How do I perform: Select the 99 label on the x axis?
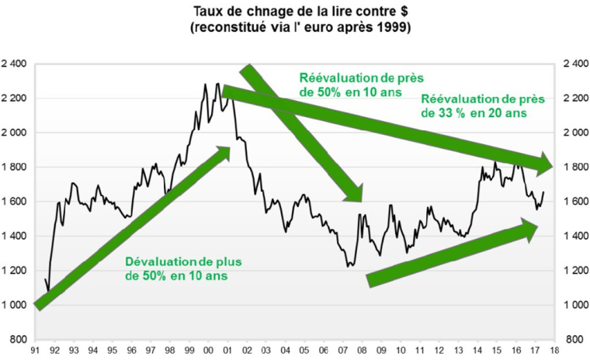click(x=190, y=351)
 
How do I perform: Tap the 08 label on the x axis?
click(x=362, y=351)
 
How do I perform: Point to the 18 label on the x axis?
click(x=553, y=351)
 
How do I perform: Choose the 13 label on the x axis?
click(x=457, y=351)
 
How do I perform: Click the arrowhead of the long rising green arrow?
click(x=225, y=151)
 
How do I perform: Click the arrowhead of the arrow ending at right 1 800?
click(x=546, y=164)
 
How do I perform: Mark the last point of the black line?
click(x=543, y=192)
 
